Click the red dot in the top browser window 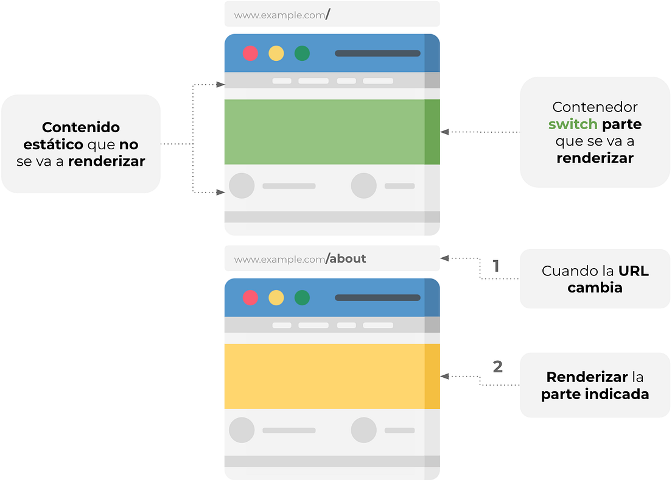click(x=250, y=54)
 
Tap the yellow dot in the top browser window click(x=276, y=54)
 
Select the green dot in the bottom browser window click(x=302, y=298)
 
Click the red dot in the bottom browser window click(x=250, y=298)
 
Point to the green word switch click(x=573, y=125)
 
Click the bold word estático click(x=53, y=145)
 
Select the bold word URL click(x=634, y=271)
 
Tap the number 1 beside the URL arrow click(x=496, y=266)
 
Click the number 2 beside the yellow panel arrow click(x=497, y=367)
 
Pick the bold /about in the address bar click(x=346, y=259)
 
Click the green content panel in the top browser click(x=324, y=132)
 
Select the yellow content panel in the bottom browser click(x=324, y=377)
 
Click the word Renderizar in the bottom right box click(x=578, y=377)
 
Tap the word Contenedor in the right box click(x=595, y=107)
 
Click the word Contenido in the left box click(x=81, y=127)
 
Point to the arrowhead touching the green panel click(x=444, y=132)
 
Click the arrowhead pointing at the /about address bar click(x=444, y=258)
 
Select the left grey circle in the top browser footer click(x=242, y=186)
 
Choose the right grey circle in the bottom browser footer click(x=364, y=430)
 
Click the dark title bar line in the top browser click(x=377, y=54)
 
